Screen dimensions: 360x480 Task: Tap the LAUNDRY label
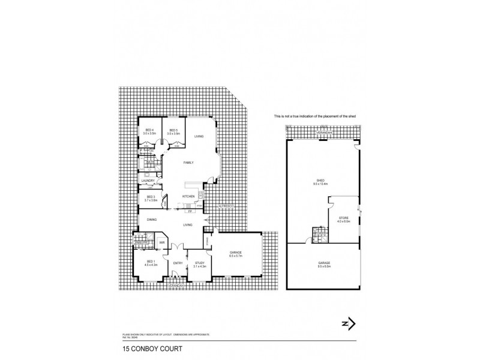[149, 181]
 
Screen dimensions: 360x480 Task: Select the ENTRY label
[178, 263]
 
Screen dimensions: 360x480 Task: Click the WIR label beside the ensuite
[162, 242]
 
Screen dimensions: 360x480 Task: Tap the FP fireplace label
[190, 212]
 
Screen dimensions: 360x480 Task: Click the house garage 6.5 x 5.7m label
[236, 255]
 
